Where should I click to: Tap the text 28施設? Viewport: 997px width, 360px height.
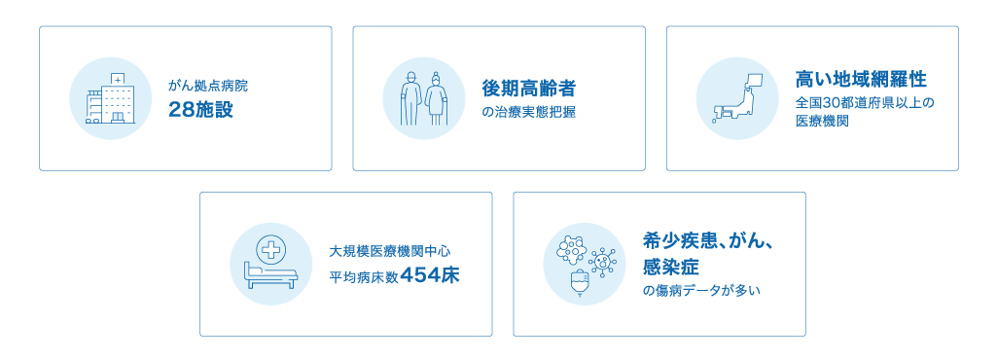click(201, 110)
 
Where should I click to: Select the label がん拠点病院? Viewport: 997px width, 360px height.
click(208, 86)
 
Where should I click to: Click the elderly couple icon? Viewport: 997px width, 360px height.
click(423, 98)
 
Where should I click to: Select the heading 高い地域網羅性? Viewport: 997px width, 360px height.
click(862, 80)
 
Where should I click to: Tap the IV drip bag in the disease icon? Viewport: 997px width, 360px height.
click(580, 283)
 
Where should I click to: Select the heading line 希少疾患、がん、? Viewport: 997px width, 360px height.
click(708, 241)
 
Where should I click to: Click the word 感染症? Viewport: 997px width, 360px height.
click(671, 267)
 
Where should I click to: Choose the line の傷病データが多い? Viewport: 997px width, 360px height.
click(702, 291)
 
